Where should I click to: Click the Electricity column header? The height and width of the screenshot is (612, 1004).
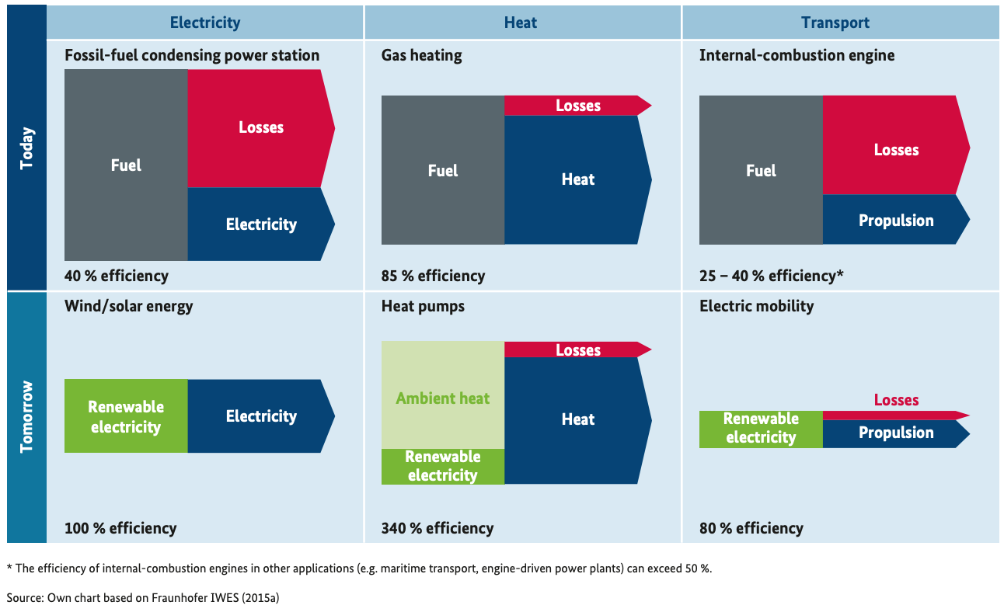[205, 23]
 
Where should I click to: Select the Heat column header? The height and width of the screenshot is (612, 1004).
[520, 23]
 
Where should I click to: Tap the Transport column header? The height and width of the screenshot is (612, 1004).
[836, 23]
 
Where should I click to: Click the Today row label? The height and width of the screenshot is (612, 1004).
[27, 148]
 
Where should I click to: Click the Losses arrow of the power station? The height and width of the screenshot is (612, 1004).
[261, 128]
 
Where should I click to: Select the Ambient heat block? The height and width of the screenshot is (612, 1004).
[443, 398]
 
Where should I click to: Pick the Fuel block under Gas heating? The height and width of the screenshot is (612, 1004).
[443, 171]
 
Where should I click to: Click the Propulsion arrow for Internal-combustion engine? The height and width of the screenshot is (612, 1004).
[896, 221]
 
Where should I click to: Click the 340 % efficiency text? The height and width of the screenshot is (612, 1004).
[438, 528]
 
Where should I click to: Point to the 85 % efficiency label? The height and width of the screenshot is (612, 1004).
[433, 276]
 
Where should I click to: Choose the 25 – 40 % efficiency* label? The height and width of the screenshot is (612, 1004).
[771, 276]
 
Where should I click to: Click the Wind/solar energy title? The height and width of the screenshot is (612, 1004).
[128, 306]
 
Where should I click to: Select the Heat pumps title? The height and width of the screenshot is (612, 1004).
[423, 306]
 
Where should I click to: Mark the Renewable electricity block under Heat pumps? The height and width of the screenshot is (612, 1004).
[443, 466]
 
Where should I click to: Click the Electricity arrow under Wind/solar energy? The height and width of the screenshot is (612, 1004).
[261, 416]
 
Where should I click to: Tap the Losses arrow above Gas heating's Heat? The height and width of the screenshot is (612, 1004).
[578, 106]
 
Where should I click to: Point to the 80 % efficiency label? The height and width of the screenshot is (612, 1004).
[751, 528]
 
